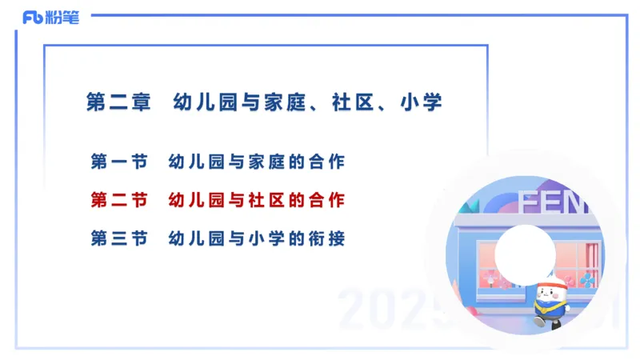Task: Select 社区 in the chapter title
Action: click(x=354, y=102)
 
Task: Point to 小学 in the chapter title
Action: click(x=423, y=102)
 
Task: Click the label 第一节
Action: click(x=119, y=162)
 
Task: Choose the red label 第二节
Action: click(x=119, y=200)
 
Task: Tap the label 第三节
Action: click(x=119, y=238)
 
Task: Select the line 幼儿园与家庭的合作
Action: click(x=257, y=162)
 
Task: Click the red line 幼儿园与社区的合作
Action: click(x=257, y=200)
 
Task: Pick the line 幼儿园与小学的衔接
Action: click(x=257, y=238)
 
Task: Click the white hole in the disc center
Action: click(x=524, y=253)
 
